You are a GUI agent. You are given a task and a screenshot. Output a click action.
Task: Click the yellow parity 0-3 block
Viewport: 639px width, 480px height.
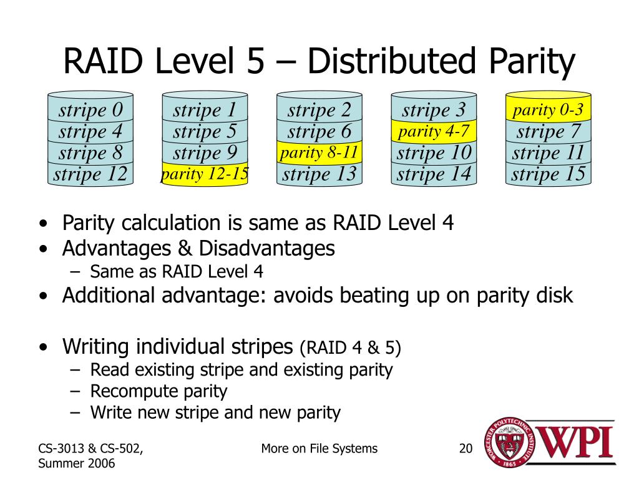(548, 111)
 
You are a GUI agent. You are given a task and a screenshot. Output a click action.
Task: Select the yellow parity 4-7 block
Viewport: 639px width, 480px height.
(434, 131)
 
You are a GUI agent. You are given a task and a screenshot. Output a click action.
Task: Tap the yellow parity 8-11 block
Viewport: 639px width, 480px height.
(319, 152)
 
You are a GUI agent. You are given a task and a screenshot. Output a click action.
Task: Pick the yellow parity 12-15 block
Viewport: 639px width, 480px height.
(205, 174)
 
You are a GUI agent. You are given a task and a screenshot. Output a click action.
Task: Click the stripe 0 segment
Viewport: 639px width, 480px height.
(90, 111)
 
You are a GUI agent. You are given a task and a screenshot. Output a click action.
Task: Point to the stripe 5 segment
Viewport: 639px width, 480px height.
(205, 131)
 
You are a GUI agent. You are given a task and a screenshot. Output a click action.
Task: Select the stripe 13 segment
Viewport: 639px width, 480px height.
(319, 174)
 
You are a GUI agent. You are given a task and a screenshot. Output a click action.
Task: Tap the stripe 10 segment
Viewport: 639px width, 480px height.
(434, 152)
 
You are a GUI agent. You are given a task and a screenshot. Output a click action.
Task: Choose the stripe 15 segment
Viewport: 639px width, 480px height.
(548, 174)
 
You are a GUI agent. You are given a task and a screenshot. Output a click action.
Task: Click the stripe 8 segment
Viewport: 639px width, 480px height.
(90, 152)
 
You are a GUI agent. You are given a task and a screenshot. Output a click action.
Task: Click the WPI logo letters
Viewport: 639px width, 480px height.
(575, 442)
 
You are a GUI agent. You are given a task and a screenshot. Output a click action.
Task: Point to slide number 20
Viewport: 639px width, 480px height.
(466, 448)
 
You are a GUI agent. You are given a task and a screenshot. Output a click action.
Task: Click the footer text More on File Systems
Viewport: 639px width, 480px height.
(319, 448)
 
